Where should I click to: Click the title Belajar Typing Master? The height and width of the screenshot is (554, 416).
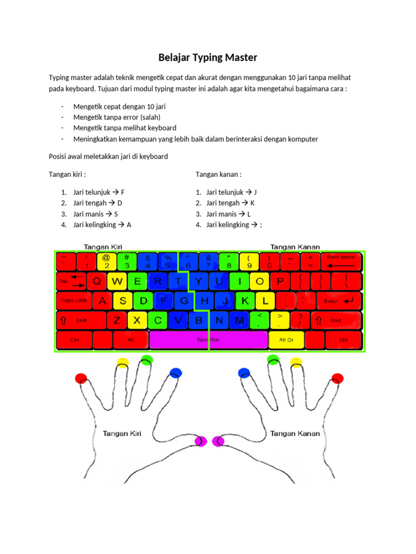pyautogui.click(x=207, y=57)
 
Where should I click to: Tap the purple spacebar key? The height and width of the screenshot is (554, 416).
pyautogui.click(x=209, y=340)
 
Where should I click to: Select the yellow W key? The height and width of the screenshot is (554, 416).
pyautogui.click(x=118, y=281)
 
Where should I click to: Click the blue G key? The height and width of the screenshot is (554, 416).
pyautogui.click(x=184, y=300)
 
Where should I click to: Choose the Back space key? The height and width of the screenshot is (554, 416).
pyautogui.click(x=341, y=261)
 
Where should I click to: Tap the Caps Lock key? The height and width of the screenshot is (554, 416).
pyautogui.click(x=74, y=301)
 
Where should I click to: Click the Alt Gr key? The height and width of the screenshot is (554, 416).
pyautogui.click(x=286, y=340)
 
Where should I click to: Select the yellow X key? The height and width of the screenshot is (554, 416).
pyautogui.click(x=138, y=320)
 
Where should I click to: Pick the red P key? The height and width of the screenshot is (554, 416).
pyautogui.click(x=279, y=281)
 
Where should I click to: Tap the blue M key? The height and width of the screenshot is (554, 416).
pyautogui.click(x=239, y=320)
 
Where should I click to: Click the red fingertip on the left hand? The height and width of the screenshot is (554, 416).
pyautogui.click(x=81, y=378)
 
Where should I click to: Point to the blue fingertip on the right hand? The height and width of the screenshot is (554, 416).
pyautogui.click(x=244, y=373)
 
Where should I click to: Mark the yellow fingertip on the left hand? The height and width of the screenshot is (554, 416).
pyautogui.click(x=123, y=362)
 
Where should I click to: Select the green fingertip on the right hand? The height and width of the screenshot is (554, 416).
pyautogui.click(x=273, y=359)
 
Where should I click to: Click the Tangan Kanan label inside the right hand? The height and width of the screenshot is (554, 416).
pyautogui.click(x=295, y=433)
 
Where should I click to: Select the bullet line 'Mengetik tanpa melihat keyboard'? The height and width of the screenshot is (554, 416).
pyautogui.click(x=125, y=128)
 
